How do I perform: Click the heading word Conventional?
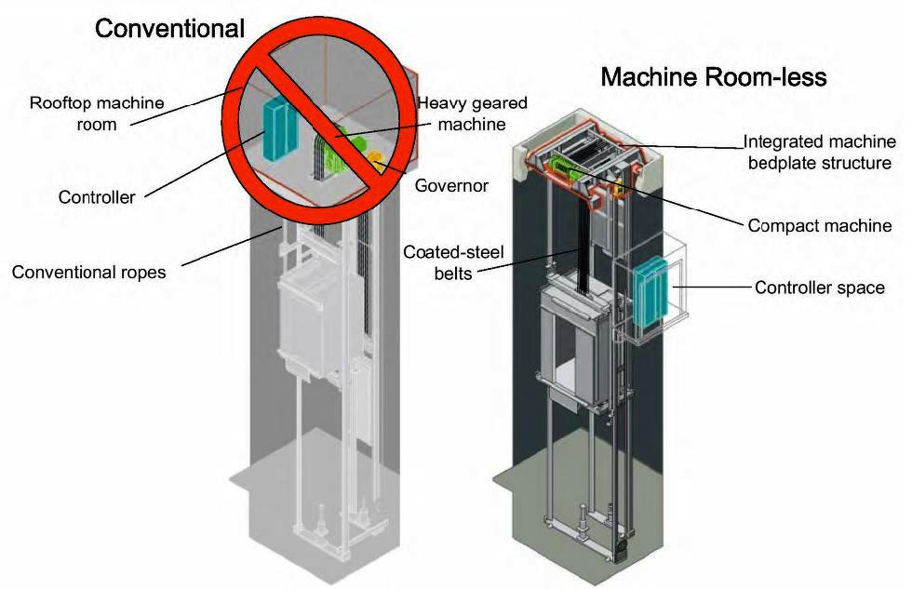pyautogui.click(x=169, y=28)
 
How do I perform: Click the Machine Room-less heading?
pyautogui.click(x=713, y=76)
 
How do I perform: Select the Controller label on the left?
pyautogui.click(x=97, y=197)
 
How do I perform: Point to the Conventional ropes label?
pyautogui.click(x=88, y=273)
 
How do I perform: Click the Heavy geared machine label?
pyautogui.click(x=460, y=114)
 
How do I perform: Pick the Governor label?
pyautogui.click(x=451, y=185)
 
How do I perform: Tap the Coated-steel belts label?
pyautogui.click(x=441, y=262)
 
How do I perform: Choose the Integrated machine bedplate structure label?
pyautogui.click(x=819, y=153)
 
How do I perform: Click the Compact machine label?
pyautogui.click(x=820, y=226)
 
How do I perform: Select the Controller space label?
pyautogui.click(x=819, y=288)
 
